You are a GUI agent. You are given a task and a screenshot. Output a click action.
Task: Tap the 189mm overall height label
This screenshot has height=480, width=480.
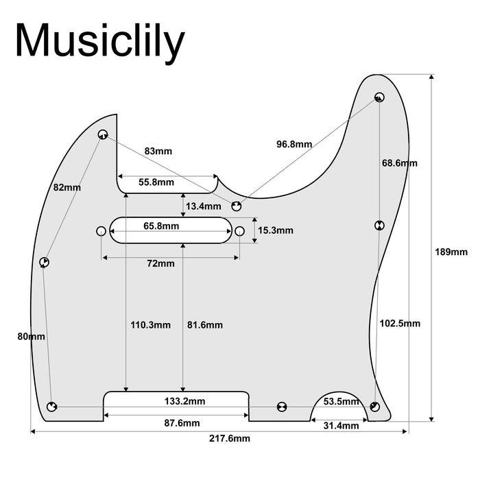pyautogui.click(x=451, y=252)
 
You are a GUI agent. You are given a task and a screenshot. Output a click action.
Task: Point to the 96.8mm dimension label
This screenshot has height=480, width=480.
pyautogui.click(x=294, y=145)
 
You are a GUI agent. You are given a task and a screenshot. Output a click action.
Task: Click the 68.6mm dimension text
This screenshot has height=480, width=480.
pyautogui.click(x=399, y=163)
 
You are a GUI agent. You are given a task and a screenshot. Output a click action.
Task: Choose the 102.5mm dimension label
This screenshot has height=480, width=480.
pyautogui.click(x=399, y=323)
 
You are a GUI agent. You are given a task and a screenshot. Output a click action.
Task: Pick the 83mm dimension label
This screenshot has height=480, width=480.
pyautogui.click(x=158, y=151)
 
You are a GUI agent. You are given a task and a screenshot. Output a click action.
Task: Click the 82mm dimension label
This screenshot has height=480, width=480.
pyautogui.click(x=67, y=187)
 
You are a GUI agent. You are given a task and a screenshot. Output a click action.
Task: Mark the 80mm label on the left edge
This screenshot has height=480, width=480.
pyautogui.click(x=32, y=337)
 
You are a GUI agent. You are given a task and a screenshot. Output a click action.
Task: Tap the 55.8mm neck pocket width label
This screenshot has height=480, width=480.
pyautogui.click(x=156, y=182)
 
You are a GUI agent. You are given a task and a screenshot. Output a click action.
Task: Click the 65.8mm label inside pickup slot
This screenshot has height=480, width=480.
pyautogui.click(x=161, y=226)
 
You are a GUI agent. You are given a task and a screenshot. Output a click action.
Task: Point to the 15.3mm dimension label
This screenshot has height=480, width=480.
pyautogui.click(x=276, y=231)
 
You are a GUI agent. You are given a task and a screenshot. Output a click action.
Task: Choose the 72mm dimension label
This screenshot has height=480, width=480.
pyautogui.click(x=160, y=264)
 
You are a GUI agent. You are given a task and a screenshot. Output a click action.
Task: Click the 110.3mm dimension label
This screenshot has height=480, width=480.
pyautogui.click(x=150, y=325)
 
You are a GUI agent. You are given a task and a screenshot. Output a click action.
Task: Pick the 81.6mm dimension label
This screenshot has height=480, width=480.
pyautogui.click(x=204, y=325)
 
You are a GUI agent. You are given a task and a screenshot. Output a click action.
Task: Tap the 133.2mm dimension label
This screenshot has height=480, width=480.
pyautogui.click(x=184, y=401)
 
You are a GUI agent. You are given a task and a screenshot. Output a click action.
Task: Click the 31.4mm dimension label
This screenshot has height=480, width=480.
pyautogui.click(x=341, y=426)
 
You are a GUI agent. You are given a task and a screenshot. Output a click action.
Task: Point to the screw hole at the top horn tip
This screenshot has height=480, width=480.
pyautogui.click(x=379, y=96)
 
